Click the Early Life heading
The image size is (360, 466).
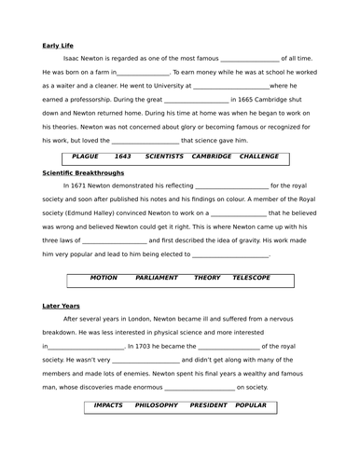point(59,44)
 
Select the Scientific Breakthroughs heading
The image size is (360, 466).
point(81,171)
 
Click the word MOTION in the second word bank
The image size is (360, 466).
point(104,278)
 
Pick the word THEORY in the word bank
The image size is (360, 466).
point(207,278)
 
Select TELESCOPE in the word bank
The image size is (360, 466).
point(251,278)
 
